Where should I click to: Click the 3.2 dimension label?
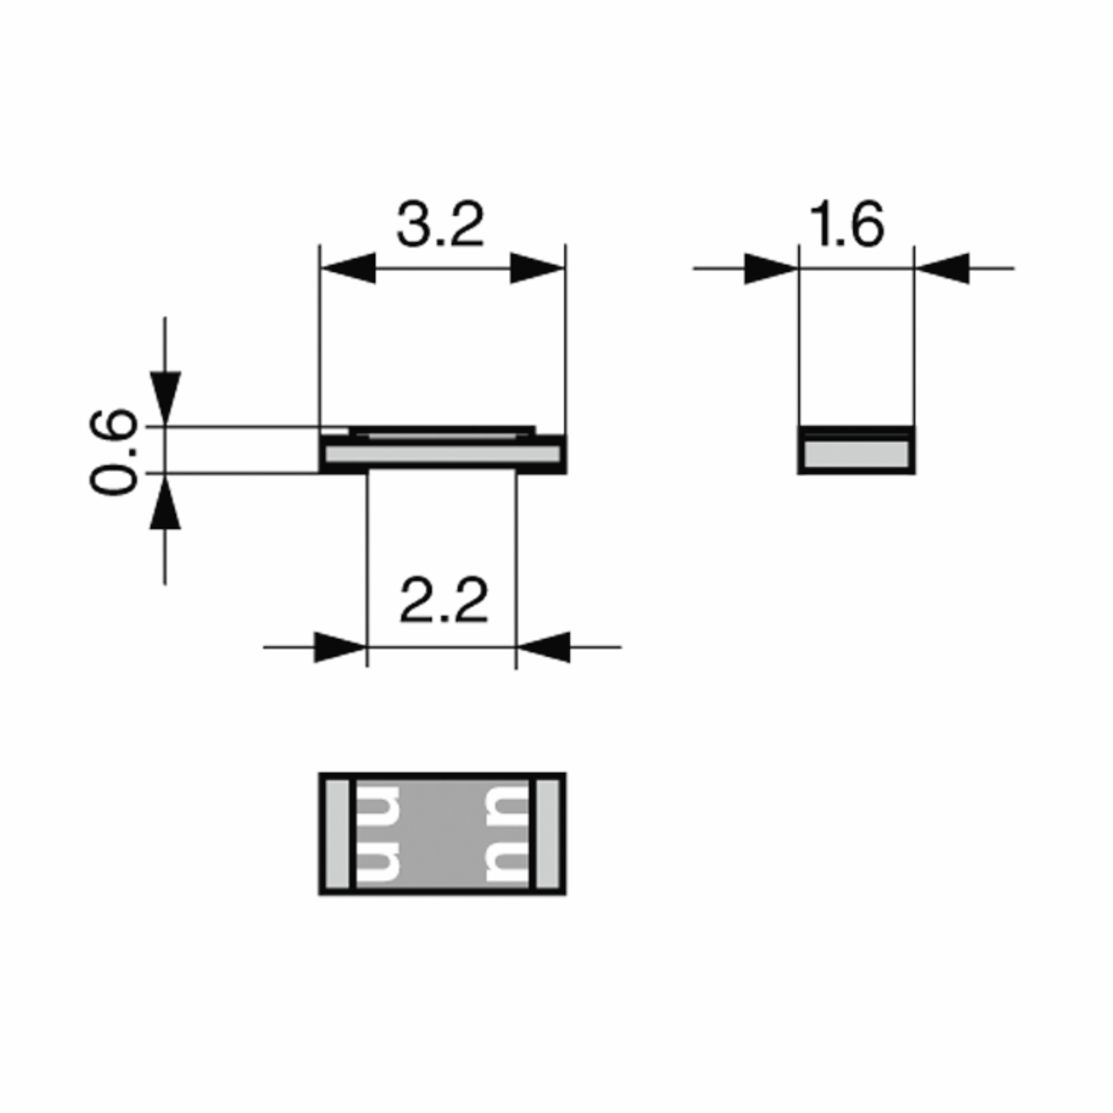[440, 224]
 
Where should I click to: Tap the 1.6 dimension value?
[846, 224]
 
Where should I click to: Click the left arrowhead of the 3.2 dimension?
[348, 268]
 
